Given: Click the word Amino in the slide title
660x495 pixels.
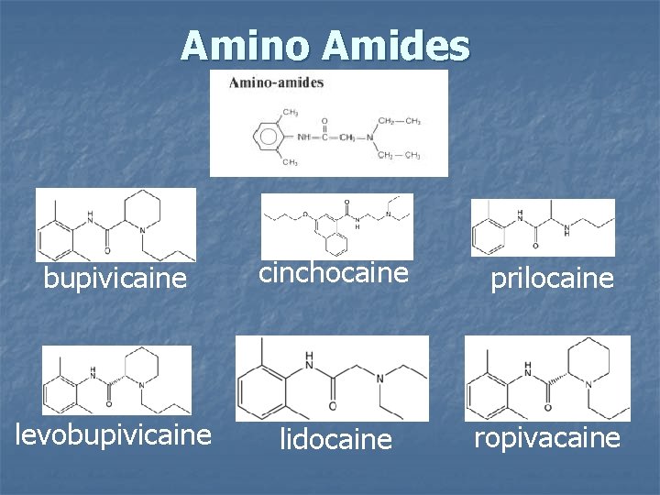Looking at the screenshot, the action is [x=241, y=44].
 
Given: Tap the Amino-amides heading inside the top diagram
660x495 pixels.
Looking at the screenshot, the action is [x=276, y=82].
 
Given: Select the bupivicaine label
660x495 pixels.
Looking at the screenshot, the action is [x=115, y=277].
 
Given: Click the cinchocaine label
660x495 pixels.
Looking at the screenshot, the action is [x=334, y=273].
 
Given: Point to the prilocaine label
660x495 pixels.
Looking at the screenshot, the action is [x=552, y=278].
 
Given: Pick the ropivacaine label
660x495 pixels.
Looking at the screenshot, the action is [x=547, y=437].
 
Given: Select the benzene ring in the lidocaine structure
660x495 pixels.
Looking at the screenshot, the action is [x=266, y=379].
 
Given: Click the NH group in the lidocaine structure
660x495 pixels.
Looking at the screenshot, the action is [x=310, y=359].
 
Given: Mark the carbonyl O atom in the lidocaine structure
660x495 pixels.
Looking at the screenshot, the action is [x=331, y=406].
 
